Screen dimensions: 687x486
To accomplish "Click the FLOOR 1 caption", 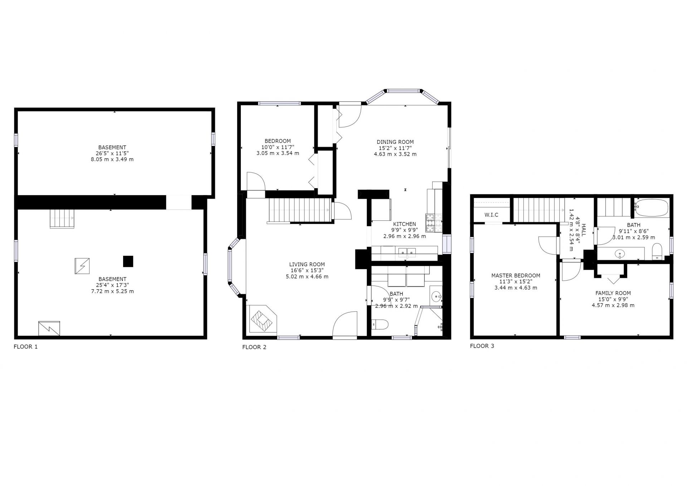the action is [25, 346].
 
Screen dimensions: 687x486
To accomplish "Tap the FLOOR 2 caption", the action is [254, 347].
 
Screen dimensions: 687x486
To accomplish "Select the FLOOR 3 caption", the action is [482, 346].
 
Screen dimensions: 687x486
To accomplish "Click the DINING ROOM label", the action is [395, 142].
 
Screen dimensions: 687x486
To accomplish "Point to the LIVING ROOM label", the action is [307, 264].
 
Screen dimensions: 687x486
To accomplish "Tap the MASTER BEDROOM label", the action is [516, 276].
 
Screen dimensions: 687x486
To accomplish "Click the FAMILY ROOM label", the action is [613, 293].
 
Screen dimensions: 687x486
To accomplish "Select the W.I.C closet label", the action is [491, 215].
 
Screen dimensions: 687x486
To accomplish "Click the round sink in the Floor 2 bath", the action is [436, 297].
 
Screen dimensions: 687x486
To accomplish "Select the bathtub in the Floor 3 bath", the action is [652, 208].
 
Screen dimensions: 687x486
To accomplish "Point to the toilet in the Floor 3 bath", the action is [657, 251].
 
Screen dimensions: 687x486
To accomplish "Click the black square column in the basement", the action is [128, 261].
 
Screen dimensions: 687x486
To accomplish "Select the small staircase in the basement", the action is [62, 218].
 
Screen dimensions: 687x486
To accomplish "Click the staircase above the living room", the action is [299, 210].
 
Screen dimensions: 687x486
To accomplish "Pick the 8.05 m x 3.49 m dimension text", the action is [112, 159].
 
